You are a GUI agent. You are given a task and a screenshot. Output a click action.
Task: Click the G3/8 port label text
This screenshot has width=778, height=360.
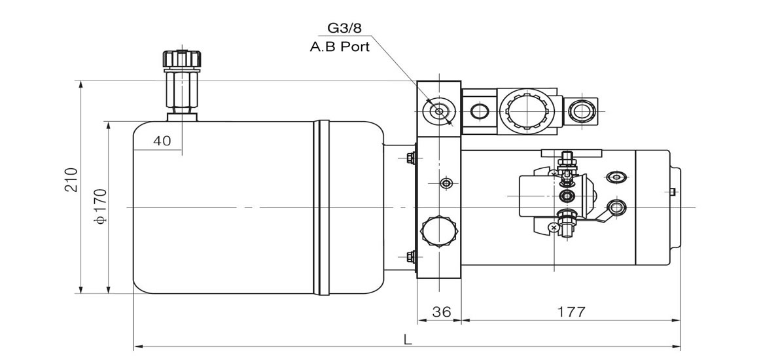click(x=344, y=27)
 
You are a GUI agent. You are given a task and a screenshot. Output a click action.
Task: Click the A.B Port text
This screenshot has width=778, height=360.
click(x=340, y=48)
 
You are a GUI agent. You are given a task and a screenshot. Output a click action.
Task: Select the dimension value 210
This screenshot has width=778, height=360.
click(x=71, y=180)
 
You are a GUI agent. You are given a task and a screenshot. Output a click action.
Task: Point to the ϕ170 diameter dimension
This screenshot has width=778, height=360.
click(x=101, y=205)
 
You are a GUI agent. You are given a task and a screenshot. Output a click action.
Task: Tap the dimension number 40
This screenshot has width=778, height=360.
click(x=162, y=141)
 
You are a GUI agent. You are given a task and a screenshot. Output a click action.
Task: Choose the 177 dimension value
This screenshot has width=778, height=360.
click(x=571, y=312)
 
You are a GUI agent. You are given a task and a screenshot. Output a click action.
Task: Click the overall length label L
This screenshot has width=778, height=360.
click(x=408, y=340)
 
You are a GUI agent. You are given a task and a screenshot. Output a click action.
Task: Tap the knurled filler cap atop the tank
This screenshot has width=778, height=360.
click(x=182, y=59)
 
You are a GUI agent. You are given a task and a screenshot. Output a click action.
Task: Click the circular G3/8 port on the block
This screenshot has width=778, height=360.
click(x=438, y=111)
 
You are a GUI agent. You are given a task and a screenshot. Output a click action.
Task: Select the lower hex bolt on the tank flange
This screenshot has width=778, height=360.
click(x=410, y=257)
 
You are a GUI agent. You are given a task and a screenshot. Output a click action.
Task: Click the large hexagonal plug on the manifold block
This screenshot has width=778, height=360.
click(x=439, y=232)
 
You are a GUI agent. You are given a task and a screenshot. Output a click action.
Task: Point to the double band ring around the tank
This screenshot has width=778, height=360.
click(x=321, y=207)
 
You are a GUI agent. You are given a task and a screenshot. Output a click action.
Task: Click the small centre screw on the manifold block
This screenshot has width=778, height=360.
click(x=446, y=184)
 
